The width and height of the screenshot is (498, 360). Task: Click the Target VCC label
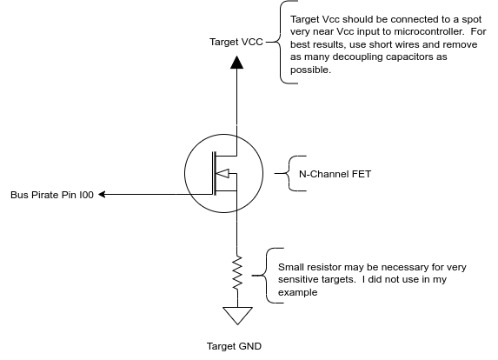click(x=236, y=42)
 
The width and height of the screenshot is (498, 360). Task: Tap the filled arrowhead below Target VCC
click(x=236, y=63)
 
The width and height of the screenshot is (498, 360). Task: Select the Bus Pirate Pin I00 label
click(x=52, y=195)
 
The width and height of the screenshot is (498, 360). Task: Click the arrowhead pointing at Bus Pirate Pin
click(x=102, y=194)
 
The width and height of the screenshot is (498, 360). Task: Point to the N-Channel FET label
click(x=335, y=174)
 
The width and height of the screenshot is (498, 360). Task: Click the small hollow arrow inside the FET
click(x=222, y=174)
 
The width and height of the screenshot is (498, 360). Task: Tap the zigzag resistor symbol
click(x=237, y=273)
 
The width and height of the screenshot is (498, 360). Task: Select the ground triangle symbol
click(x=237, y=316)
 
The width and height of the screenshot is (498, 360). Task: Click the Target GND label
click(x=234, y=346)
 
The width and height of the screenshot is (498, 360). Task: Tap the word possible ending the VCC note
click(x=310, y=70)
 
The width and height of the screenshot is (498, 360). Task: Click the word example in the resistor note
click(x=297, y=292)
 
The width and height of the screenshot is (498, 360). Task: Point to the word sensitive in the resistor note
click(x=297, y=280)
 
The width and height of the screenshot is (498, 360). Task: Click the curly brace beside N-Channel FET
click(x=289, y=174)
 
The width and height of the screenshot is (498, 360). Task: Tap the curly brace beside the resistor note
click(x=266, y=276)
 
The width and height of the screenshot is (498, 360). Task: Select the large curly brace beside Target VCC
click(x=281, y=42)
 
